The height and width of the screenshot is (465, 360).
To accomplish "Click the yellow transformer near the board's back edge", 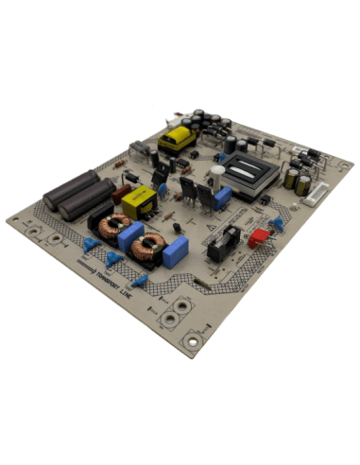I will (176, 138).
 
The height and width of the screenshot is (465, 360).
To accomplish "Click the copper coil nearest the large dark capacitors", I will (111, 226).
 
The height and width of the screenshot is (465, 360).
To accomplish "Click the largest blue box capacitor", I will (175, 250).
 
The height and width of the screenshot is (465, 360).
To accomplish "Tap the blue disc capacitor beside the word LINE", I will (139, 281).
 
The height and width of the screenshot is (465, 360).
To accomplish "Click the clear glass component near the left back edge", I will (140, 149).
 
